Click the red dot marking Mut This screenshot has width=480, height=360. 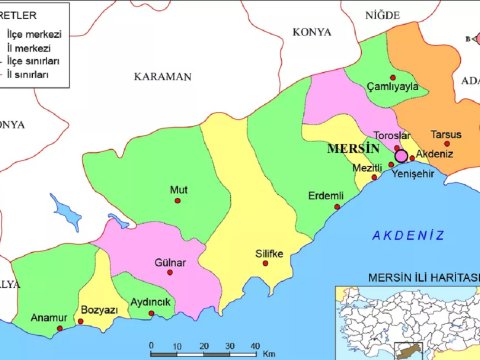(x=178, y=201)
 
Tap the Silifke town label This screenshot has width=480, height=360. (x=270, y=253)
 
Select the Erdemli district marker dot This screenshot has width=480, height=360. (x=337, y=207)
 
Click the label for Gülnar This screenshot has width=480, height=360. (x=170, y=263)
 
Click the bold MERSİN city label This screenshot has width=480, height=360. (x=354, y=148)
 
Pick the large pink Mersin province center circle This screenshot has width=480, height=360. (x=402, y=156)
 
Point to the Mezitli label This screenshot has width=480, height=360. (x=367, y=168)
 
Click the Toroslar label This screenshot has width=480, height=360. (x=391, y=135)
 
